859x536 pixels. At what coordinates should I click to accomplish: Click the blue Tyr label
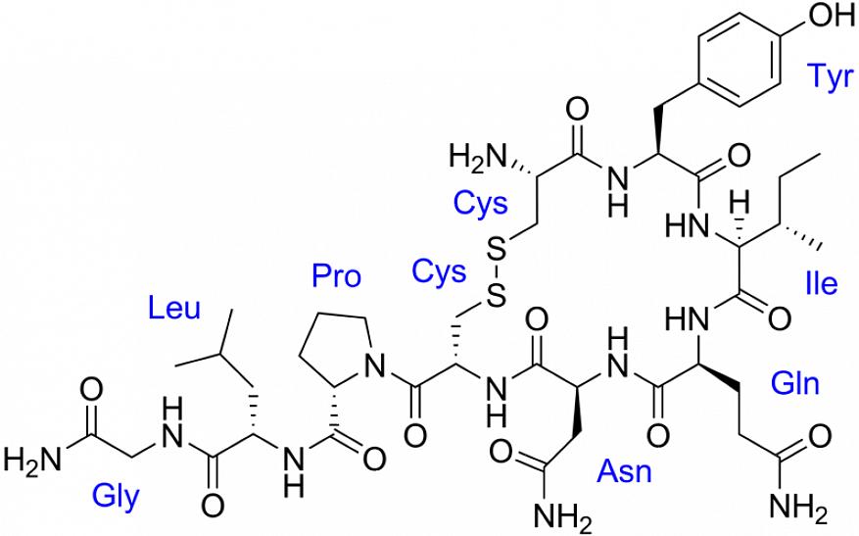click(830, 76)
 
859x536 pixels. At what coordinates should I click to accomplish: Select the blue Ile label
click(822, 284)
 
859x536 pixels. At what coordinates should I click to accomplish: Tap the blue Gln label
click(795, 384)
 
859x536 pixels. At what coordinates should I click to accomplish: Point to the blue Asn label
click(625, 471)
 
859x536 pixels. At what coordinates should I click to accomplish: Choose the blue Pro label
click(336, 275)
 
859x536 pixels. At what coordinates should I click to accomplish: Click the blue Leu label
click(174, 309)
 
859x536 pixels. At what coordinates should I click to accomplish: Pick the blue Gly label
click(116, 498)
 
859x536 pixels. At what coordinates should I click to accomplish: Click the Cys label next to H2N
click(481, 204)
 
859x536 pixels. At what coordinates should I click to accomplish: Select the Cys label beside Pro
click(439, 271)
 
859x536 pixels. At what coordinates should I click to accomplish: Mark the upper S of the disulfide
click(497, 251)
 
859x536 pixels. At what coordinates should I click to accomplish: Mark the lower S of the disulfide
click(496, 297)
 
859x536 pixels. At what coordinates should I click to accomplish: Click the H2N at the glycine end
click(30, 460)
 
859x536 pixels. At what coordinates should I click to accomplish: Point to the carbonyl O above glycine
click(91, 391)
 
